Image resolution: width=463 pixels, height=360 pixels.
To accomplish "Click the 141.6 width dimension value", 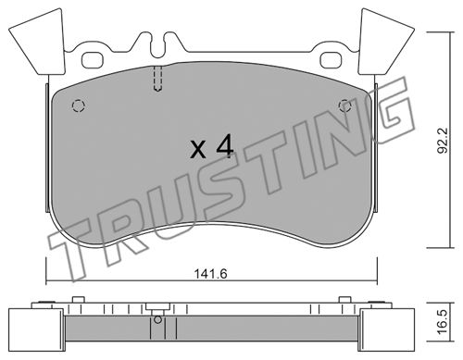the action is (211, 274).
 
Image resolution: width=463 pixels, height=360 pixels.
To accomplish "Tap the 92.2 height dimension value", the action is (443, 141).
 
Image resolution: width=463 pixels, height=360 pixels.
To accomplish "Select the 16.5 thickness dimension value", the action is (443, 322).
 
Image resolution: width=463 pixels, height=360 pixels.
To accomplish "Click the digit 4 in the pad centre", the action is (225, 147).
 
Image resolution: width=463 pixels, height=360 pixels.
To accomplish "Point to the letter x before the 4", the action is (198, 150).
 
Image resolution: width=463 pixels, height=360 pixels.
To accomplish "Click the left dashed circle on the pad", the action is (78, 106).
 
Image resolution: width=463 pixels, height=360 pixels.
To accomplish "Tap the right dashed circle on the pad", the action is (344, 106).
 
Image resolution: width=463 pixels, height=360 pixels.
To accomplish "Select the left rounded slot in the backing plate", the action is (93, 60).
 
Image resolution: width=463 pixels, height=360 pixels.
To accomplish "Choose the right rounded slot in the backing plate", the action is (332, 60).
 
